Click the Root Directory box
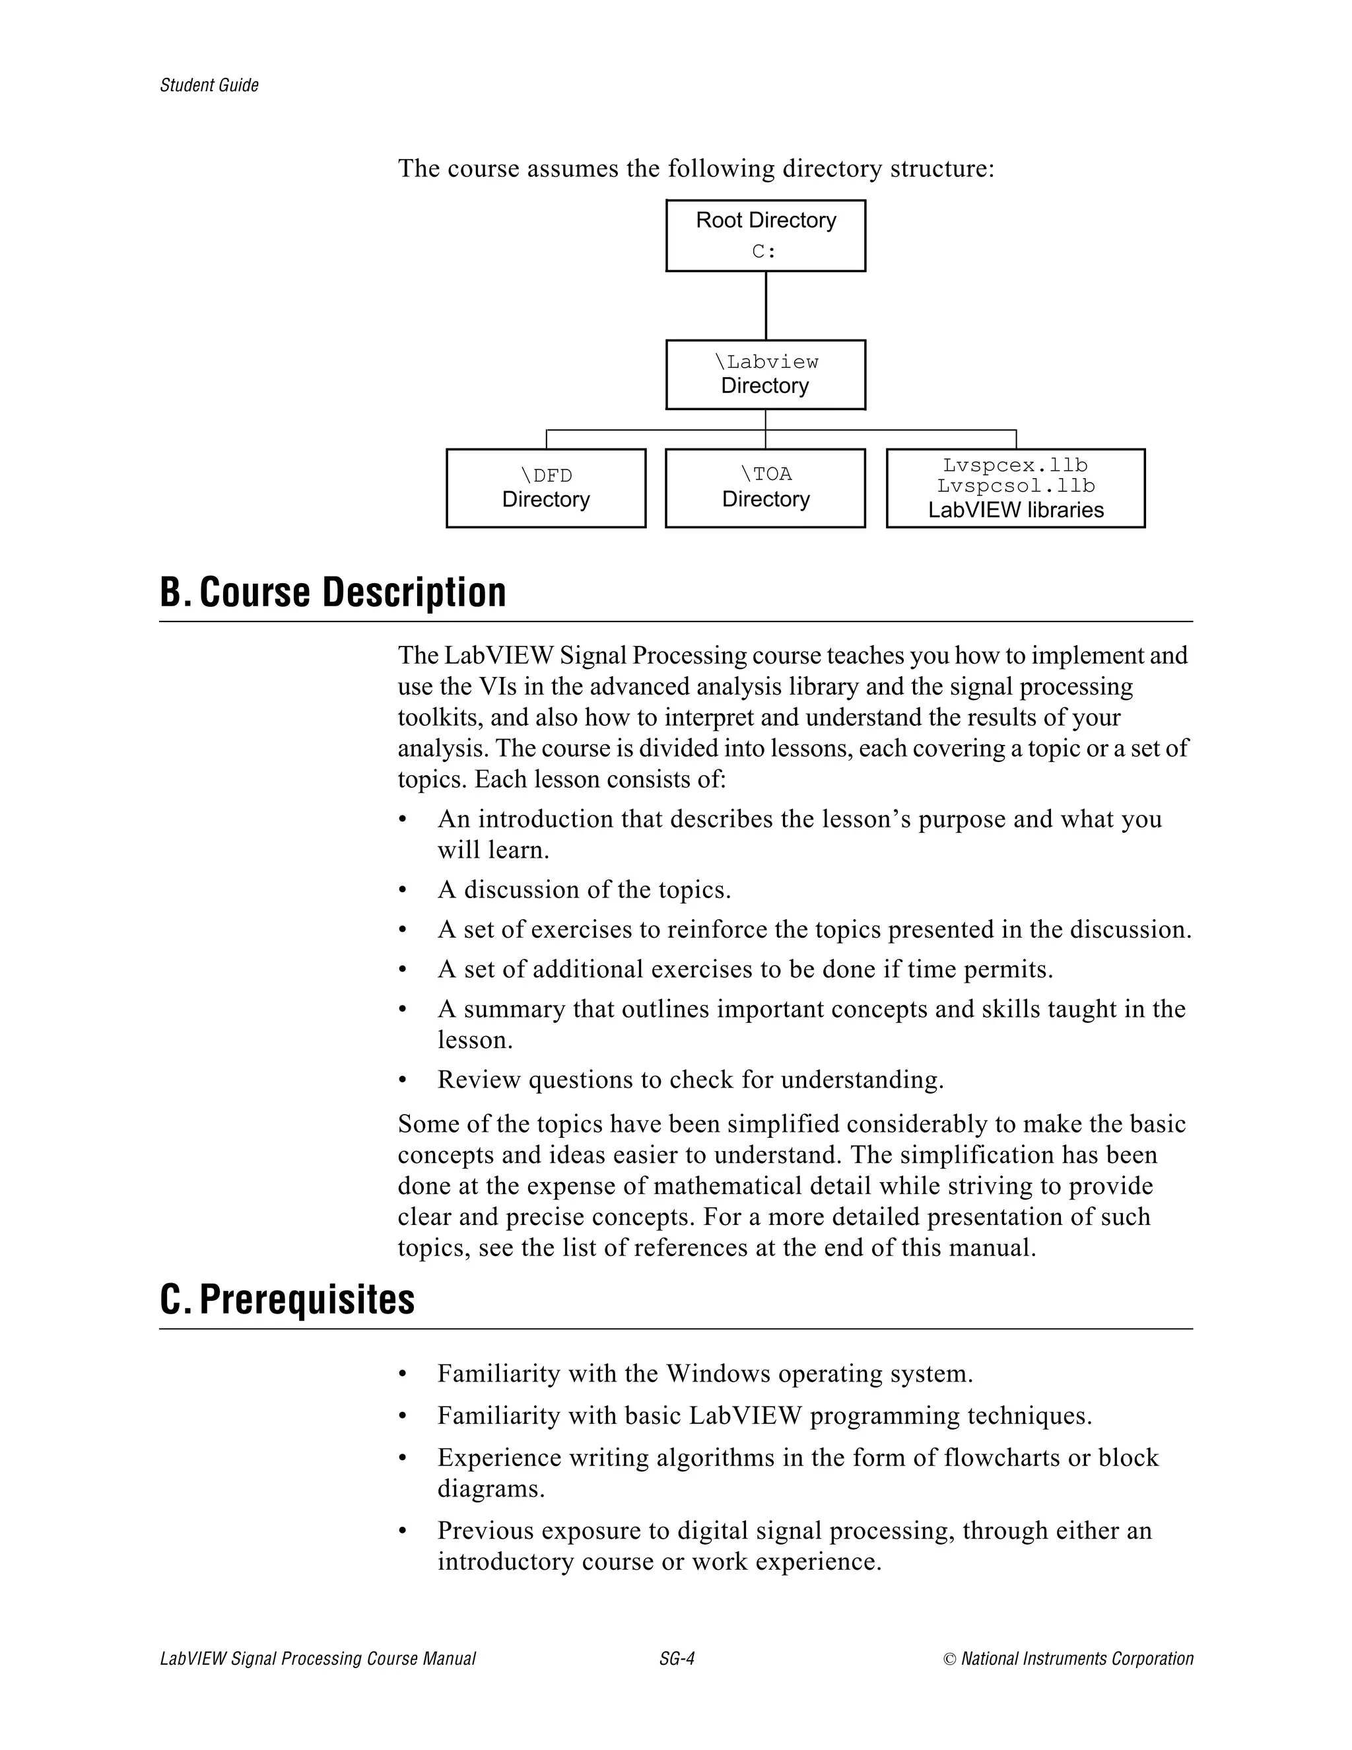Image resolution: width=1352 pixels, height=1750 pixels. tap(765, 235)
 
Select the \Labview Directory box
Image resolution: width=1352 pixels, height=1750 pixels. tap(765, 374)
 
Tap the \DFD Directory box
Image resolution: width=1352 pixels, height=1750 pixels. tap(545, 487)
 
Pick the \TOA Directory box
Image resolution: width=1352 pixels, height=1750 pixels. tap(765, 487)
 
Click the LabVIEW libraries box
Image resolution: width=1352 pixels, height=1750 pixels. tap(1015, 488)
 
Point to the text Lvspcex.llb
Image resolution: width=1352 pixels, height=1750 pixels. tap(1015, 465)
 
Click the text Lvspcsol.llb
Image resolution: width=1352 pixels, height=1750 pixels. tap(1015, 485)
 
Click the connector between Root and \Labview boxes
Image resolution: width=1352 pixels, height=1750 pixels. tap(766, 305)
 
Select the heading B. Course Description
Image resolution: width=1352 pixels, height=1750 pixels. tap(333, 592)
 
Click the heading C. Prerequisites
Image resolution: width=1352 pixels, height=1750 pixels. tap(288, 1300)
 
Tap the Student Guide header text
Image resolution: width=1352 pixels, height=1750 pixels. tap(209, 86)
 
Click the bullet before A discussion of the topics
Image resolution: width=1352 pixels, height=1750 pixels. tap(403, 890)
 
